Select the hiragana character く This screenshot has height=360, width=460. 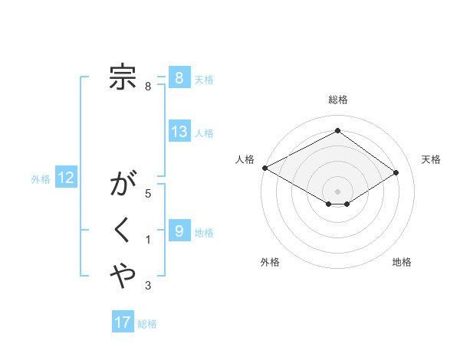pos(123,230)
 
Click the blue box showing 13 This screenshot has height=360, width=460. pos(179,132)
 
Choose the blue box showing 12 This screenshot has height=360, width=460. pos(66,178)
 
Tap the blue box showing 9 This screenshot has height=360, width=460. pos(179,230)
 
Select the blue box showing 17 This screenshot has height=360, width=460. pos(123,322)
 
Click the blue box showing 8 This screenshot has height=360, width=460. pos(179,77)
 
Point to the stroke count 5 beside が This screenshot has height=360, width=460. pos(148,195)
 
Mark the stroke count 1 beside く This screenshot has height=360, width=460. pos(148,241)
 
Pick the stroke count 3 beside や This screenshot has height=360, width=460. pos(148,286)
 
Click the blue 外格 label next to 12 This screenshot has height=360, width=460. pos(41,179)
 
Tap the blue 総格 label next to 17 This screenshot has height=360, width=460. pos(147,324)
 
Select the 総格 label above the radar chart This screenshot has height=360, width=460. pos(337,100)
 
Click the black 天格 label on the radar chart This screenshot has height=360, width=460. pos(431,159)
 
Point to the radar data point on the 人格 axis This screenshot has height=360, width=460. pos(264,168)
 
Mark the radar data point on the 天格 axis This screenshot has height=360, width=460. pos(396,172)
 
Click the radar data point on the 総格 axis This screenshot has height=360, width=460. pos(337,130)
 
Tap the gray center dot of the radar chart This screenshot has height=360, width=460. pos(337,191)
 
